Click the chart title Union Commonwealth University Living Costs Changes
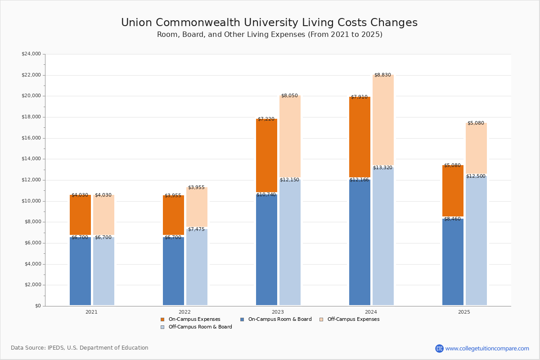[x=269, y=22]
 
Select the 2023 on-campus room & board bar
[x=266, y=250]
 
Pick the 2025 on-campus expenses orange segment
[x=453, y=191]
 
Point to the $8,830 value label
[x=382, y=75]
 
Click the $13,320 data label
[x=382, y=168]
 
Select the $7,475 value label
[x=196, y=229]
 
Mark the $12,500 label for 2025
[x=476, y=176]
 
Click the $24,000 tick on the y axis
[x=31, y=54]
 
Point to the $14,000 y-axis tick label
[x=31, y=159]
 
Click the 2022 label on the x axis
[x=184, y=312]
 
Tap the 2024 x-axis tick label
[x=371, y=312]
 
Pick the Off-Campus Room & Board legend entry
[x=200, y=327]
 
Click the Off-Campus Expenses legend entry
[x=353, y=319]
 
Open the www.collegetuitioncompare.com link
[x=487, y=348]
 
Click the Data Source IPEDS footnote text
[x=80, y=348]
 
